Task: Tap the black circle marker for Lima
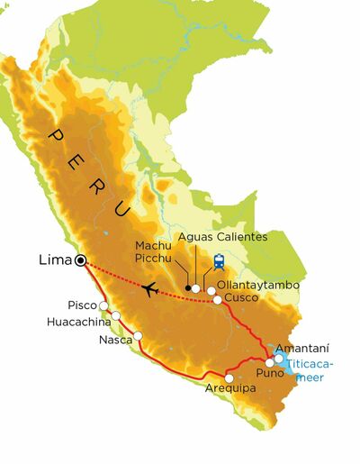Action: [81, 260]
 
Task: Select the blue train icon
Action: [218, 262]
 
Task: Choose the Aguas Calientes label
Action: [222, 237]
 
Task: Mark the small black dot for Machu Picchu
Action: [186, 288]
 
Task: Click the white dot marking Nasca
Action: [139, 336]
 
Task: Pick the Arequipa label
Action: [230, 389]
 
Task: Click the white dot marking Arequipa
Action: [229, 378]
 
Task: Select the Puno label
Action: [273, 371]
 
